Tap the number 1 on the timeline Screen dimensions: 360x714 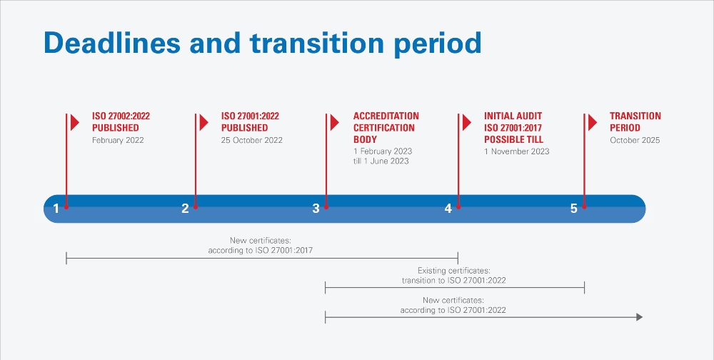[56, 209]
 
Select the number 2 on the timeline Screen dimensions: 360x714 [185, 209]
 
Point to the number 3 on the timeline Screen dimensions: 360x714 [316, 209]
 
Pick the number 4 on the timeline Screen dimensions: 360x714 [448, 209]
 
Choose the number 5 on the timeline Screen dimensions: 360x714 [573, 209]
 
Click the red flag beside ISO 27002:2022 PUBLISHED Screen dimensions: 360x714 [75, 122]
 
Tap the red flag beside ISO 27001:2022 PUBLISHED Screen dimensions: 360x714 [204, 122]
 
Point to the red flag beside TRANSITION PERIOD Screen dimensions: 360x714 [593, 122]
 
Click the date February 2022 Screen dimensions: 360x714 [118, 141]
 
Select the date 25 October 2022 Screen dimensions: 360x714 [251, 141]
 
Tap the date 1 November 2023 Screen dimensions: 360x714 [516, 151]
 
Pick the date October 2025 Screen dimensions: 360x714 [635, 141]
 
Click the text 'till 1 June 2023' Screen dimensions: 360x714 [381, 161]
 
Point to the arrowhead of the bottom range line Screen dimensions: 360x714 [639, 317]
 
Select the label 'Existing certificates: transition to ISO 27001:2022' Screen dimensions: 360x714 [453, 276]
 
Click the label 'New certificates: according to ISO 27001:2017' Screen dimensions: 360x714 [261, 246]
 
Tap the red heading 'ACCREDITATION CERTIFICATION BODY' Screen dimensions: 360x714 [386, 128]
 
